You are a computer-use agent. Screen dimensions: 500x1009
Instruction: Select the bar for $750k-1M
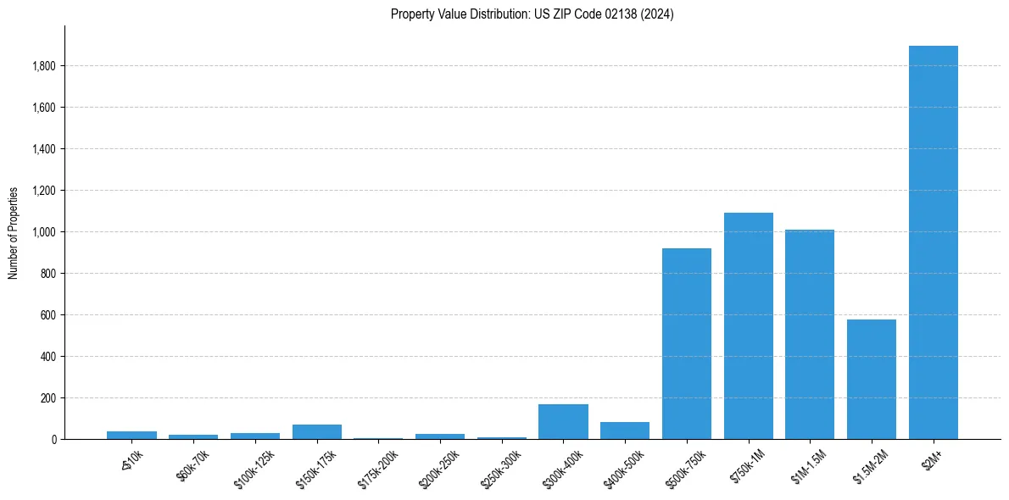coord(748,326)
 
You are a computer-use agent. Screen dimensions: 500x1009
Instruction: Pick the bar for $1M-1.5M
coord(810,335)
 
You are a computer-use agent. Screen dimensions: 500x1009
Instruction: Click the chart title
coord(532,14)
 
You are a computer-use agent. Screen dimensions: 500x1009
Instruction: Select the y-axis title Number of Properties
coord(14,232)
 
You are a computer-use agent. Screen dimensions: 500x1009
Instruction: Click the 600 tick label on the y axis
coord(48,315)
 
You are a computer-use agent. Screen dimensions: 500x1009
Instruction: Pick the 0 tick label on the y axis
coord(54,440)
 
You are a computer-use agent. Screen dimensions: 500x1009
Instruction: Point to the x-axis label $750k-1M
coord(748,464)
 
